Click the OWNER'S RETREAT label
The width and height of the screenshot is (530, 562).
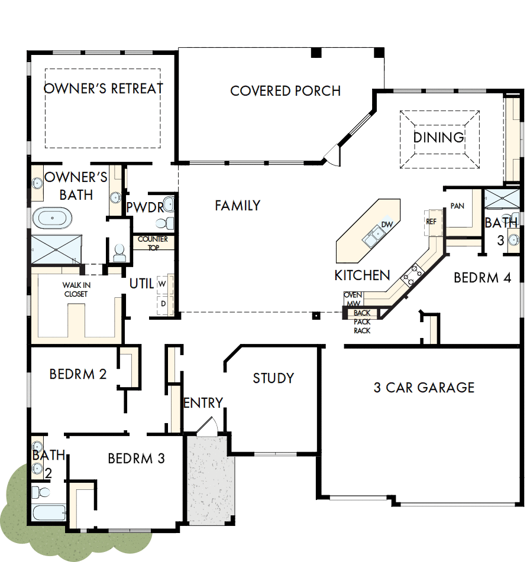[x=104, y=89]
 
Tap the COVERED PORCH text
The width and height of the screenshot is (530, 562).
[x=285, y=91]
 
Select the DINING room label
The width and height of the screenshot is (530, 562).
[x=438, y=138]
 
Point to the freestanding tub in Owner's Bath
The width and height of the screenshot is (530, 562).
[x=52, y=218]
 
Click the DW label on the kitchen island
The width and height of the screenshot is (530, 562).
[x=387, y=225]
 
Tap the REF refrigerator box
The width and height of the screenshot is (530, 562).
[x=431, y=221]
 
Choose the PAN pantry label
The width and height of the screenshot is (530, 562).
[x=457, y=206]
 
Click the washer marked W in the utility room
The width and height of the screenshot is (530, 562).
[x=162, y=284]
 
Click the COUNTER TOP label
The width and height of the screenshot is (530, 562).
[x=153, y=243]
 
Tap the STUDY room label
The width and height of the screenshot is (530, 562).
[x=273, y=378]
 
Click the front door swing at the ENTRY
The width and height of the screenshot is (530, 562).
[x=207, y=427]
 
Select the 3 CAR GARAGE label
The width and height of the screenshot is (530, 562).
[x=424, y=388]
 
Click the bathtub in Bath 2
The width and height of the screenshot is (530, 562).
[x=49, y=512]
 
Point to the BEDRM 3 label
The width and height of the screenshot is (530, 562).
[x=136, y=458]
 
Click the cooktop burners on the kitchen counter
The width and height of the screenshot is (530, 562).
[x=413, y=273]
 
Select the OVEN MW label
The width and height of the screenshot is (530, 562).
[x=353, y=299]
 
